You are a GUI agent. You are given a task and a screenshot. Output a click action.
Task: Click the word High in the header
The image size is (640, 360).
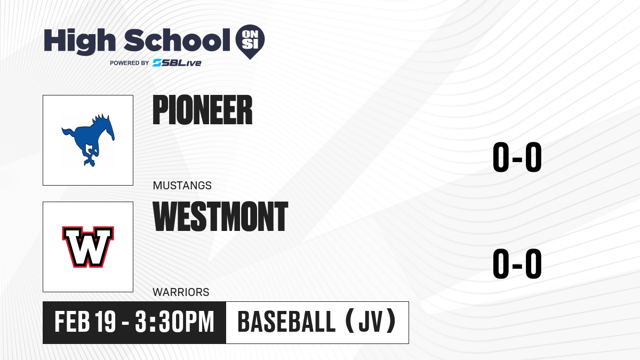pyautogui.click(x=79, y=41)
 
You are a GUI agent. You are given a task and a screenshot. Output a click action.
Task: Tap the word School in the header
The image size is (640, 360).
pyautogui.click(x=177, y=40)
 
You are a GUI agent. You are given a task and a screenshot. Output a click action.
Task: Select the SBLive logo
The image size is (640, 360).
pyautogui.click(x=177, y=63)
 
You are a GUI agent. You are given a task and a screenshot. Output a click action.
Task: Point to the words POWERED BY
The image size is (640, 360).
pyautogui.click(x=130, y=63)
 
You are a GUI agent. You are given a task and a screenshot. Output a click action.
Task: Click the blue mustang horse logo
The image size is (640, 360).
pyautogui.click(x=88, y=140)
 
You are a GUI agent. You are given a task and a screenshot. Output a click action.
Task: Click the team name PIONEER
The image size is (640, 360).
pyautogui.click(x=203, y=110)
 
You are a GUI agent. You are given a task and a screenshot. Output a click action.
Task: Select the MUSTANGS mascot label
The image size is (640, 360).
pyautogui.click(x=182, y=186)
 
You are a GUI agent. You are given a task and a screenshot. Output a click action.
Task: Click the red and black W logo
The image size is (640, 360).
pyautogui.click(x=88, y=247)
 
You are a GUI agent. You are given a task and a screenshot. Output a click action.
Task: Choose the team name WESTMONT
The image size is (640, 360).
pyautogui.click(x=220, y=217)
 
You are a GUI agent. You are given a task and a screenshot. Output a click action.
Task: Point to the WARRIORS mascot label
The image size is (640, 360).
pyautogui.click(x=181, y=292)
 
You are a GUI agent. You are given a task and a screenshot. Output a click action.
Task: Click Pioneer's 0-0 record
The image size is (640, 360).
pyautogui.click(x=517, y=157)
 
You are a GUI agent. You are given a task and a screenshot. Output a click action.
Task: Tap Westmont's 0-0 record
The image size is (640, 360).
pyautogui.click(x=517, y=263)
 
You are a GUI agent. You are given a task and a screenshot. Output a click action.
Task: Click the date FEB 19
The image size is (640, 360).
pyautogui.click(x=85, y=322)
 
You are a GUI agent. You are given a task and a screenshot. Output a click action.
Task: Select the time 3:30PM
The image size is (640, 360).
pyautogui.click(x=174, y=322)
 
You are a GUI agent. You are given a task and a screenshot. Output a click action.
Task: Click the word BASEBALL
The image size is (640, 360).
pyautogui.click(x=286, y=322)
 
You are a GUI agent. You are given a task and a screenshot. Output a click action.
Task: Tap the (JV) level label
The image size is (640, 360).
pyautogui.click(x=370, y=322)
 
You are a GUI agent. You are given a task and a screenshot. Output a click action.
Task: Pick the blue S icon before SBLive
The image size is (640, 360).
pyautogui.click(x=157, y=63)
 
